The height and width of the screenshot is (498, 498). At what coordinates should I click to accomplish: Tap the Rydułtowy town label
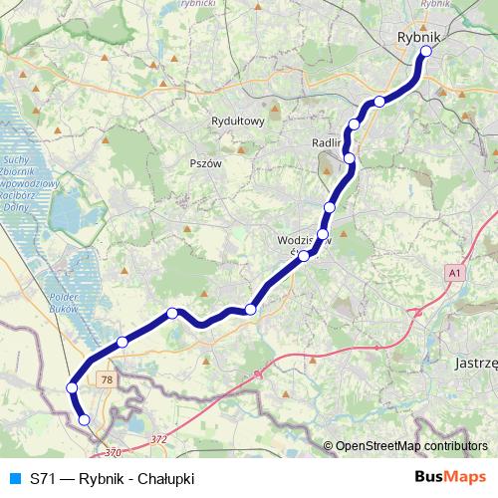[237, 122]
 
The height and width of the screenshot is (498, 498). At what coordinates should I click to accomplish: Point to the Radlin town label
[327, 141]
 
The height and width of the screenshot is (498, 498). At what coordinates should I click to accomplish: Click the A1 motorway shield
[455, 272]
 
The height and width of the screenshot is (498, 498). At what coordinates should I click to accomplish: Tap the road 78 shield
[108, 379]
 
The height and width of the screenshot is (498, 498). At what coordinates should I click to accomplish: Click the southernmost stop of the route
[84, 420]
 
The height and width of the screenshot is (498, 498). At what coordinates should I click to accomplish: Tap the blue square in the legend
[13, 478]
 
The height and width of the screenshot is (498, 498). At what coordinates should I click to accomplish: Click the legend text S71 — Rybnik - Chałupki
[112, 478]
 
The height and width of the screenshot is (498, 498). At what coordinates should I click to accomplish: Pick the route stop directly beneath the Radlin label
[349, 158]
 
